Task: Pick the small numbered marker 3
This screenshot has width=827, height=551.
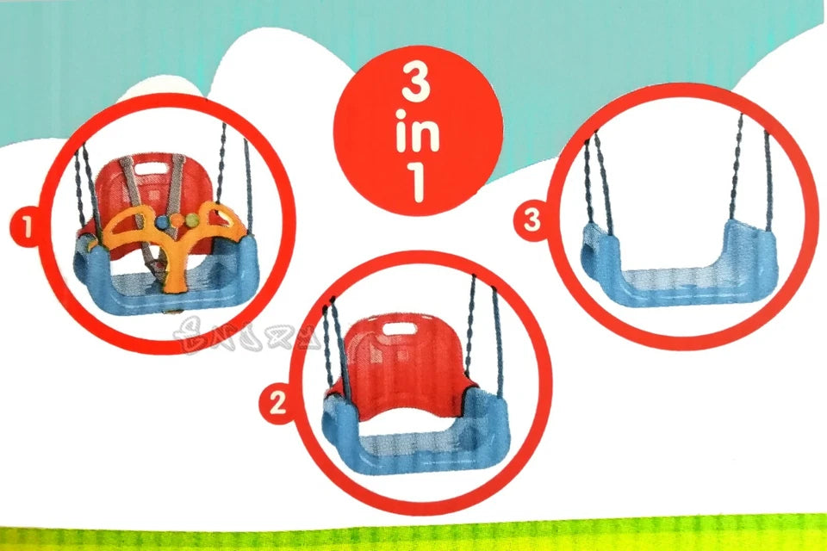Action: pyautogui.click(x=532, y=221)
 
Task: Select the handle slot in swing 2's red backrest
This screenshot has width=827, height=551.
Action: pyautogui.click(x=398, y=328)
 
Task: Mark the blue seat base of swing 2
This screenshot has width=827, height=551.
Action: pyautogui.click(x=413, y=448)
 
